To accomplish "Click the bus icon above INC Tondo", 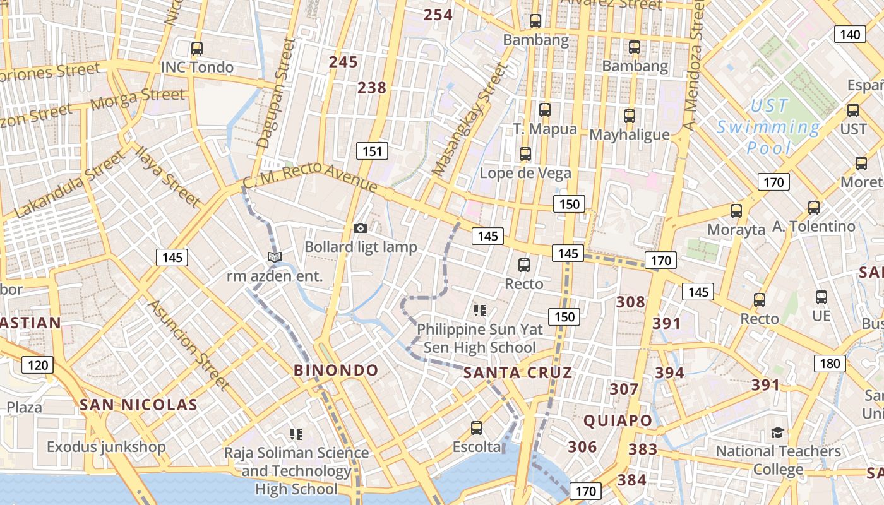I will (x=197, y=48).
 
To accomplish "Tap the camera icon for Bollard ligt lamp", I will (x=361, y=228).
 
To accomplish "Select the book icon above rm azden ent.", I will (x=274, y=257).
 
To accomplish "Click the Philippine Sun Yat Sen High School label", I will (x=479, y=338).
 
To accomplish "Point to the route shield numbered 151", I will (x=372, y=151).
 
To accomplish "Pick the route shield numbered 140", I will (x=850, y=34).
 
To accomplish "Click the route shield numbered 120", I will (x=38, y=365).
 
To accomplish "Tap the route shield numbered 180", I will (x=830, y=364).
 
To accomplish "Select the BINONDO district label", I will (x=336, y=371).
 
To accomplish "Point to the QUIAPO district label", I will (x=618, y=420).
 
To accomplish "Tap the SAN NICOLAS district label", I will (x=138, y=405).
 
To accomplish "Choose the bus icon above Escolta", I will (x=477, y=428).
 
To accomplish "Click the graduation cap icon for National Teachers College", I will (x=777, y=432).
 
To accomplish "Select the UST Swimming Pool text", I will (x=769, y=126).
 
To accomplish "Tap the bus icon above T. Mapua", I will (x=545, y=110).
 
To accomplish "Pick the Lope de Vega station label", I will (x=525, y=173).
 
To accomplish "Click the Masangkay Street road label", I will (x=470, y=120).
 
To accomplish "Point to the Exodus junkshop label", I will (x=106, y=447).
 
